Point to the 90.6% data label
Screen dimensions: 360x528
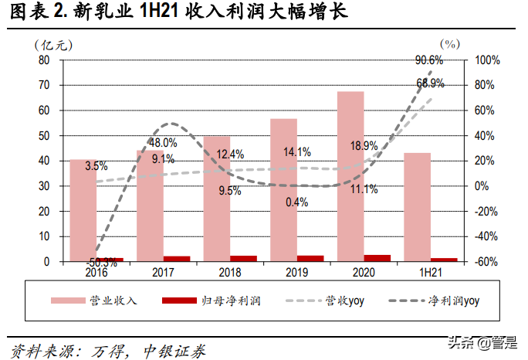coord(428,59)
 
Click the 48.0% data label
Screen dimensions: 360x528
coord(163,143)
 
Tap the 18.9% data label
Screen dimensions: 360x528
coord(364,145)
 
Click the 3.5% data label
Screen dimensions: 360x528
coord(96,165)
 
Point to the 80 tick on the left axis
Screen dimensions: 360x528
coord(43,59)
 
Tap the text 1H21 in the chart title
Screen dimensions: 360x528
coord(157,13)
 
